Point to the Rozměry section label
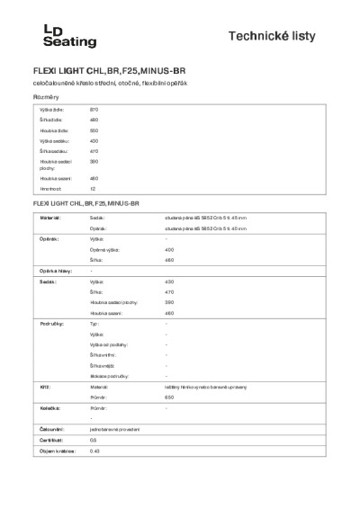point(46,96)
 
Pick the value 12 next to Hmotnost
point(92,189)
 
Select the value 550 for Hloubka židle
point(94,129)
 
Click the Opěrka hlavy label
point(54,271)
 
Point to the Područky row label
point(50,321)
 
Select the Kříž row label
point(43,386)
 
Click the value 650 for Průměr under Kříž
point(169,397)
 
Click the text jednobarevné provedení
point(114,429)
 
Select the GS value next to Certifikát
point(93,440)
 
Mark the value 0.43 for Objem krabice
point(94,451)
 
